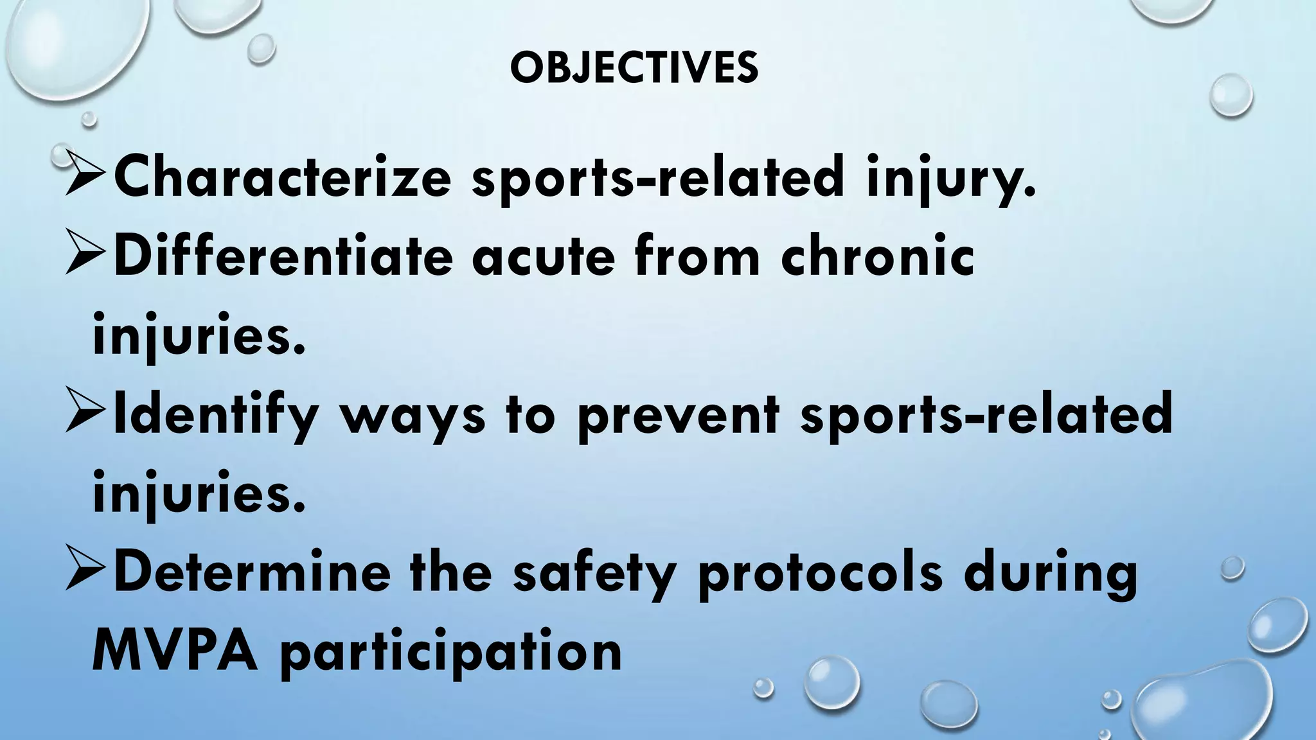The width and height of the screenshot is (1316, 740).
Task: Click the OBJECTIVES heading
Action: [x=634, y=68]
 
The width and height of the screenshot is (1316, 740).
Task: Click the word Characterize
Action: [x=282, y=178]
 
